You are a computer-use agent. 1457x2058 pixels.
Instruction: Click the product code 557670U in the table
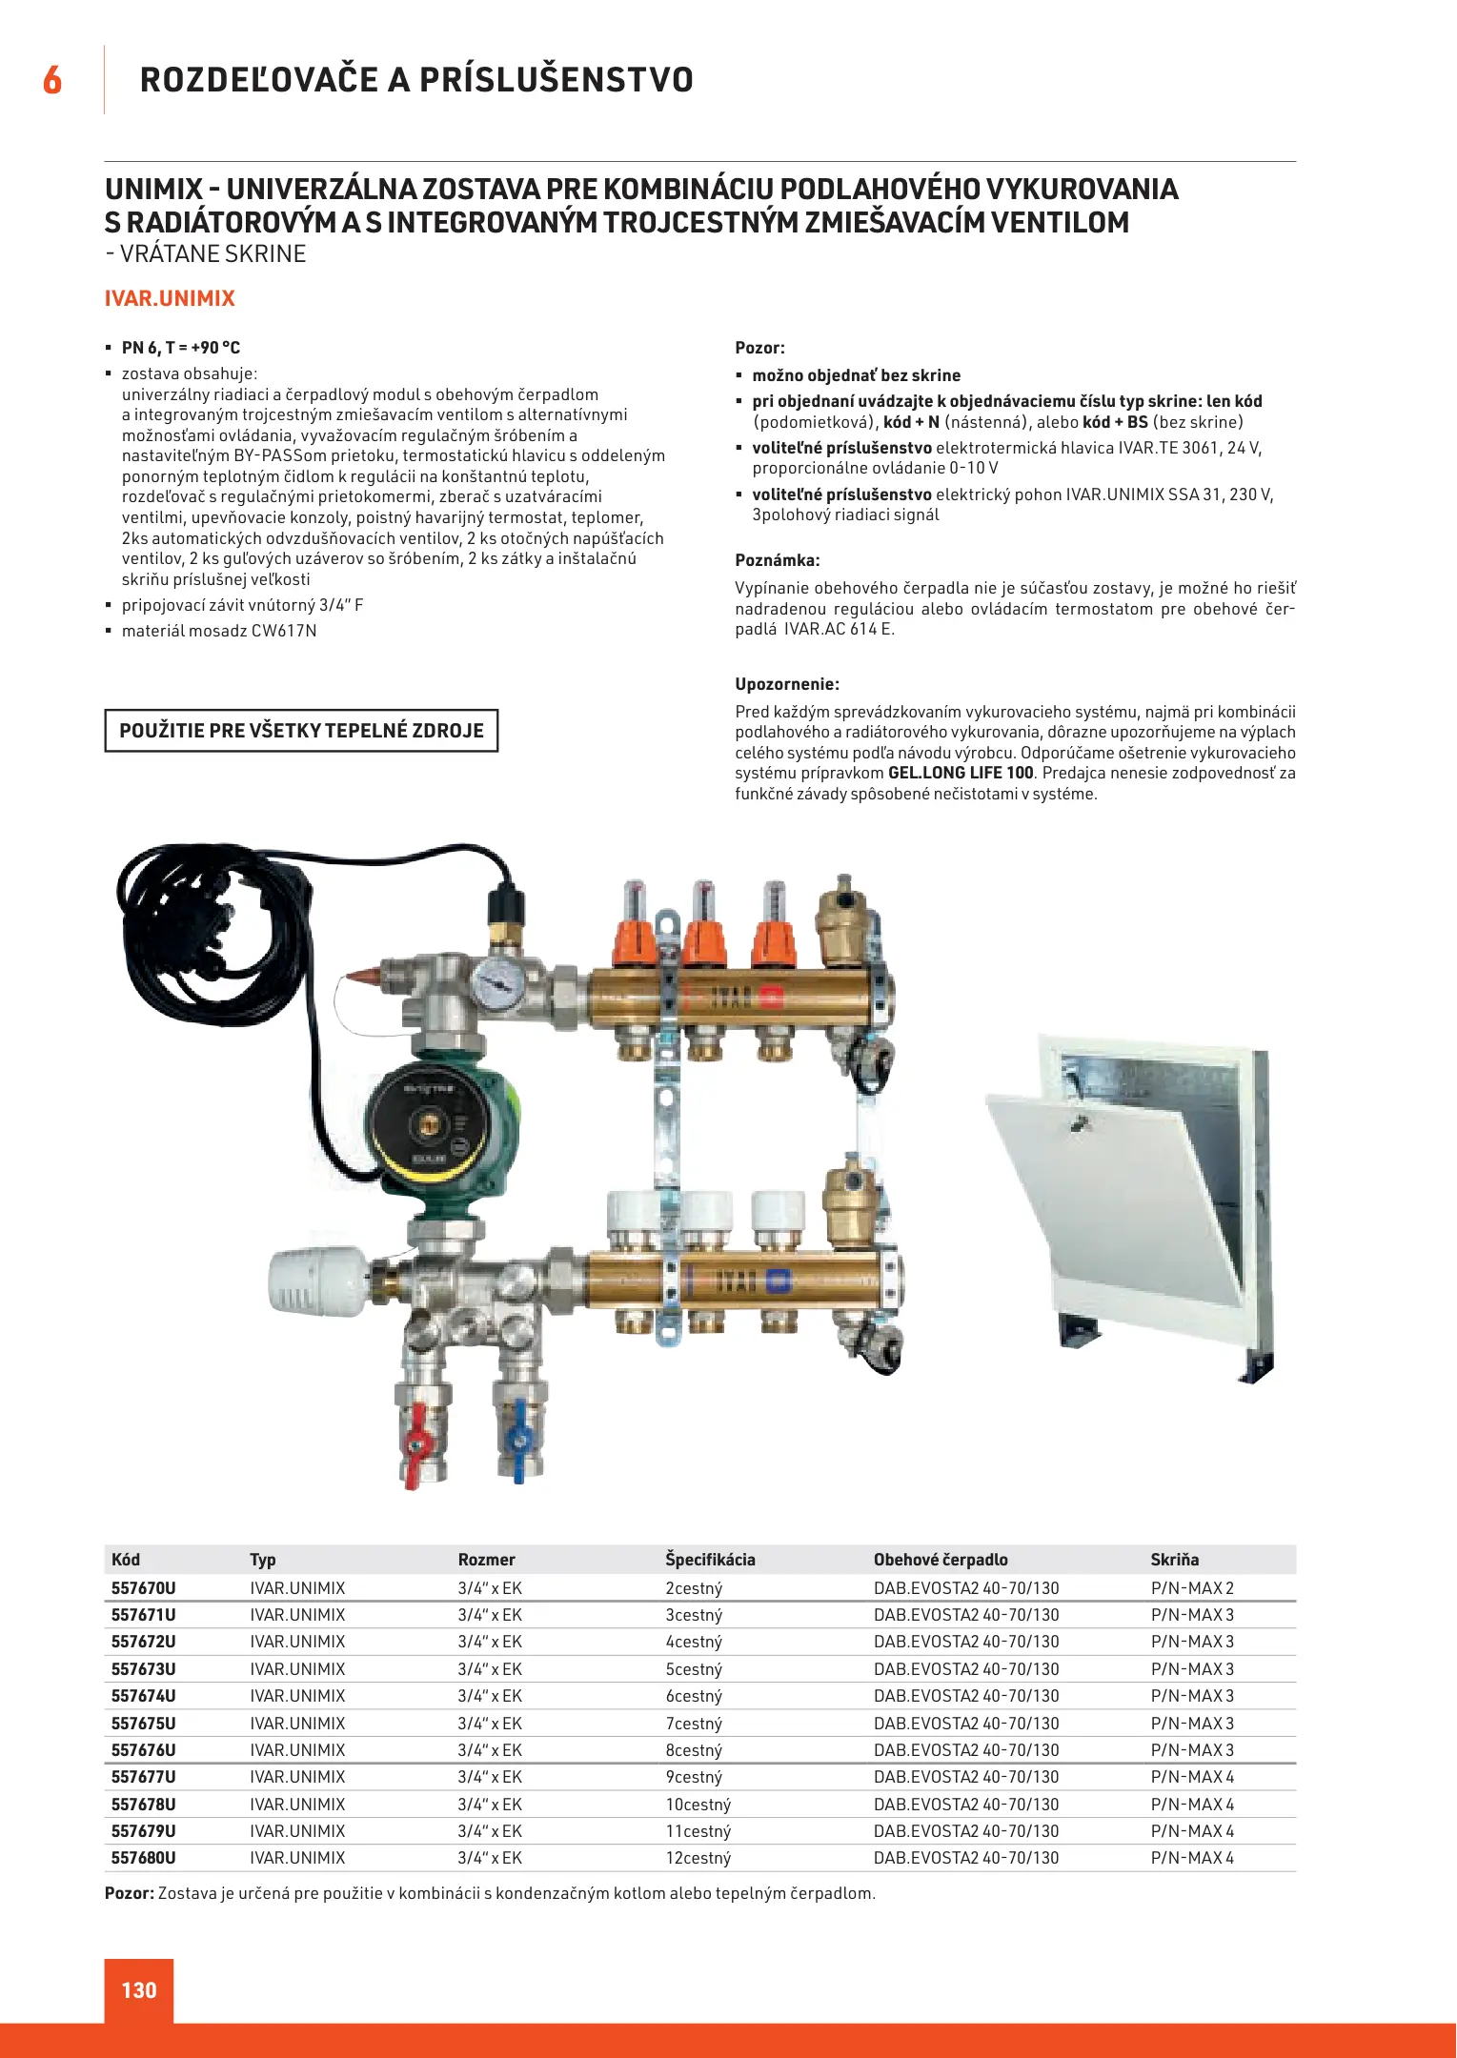tap(143, 1588)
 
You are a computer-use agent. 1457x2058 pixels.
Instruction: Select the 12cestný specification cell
tap(698, 1858)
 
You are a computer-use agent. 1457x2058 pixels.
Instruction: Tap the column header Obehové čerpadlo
tap(940, 1560)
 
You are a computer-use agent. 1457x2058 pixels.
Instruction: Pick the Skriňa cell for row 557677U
tap(1191, 1777)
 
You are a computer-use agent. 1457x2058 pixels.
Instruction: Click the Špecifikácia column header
tap(710, 1560)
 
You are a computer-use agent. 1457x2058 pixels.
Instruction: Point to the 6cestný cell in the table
tap(694, 1696)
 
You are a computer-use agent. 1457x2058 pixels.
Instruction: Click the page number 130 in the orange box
tap(139, 1989)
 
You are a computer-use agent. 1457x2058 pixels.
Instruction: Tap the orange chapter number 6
tap(52, 80)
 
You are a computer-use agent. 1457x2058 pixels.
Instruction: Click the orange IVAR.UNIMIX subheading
tap(170, 298)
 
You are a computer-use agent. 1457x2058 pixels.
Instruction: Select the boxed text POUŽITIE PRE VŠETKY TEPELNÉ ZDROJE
tap(301, 731)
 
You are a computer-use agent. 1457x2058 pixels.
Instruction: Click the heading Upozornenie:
tap(787, 684)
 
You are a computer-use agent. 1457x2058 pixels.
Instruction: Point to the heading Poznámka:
tap(778, 560)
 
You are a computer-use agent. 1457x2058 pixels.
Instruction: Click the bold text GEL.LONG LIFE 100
tap(961, 773)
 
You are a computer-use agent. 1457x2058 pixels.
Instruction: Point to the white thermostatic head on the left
tap(314, 1281)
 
